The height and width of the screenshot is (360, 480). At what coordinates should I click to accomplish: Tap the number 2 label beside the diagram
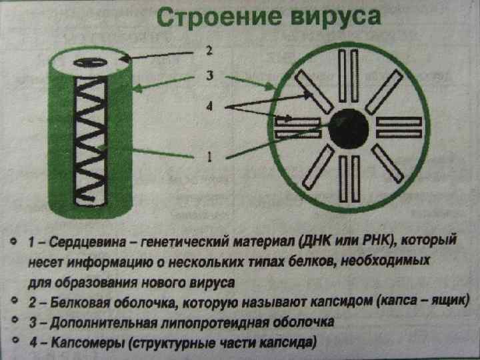point(209,51)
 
